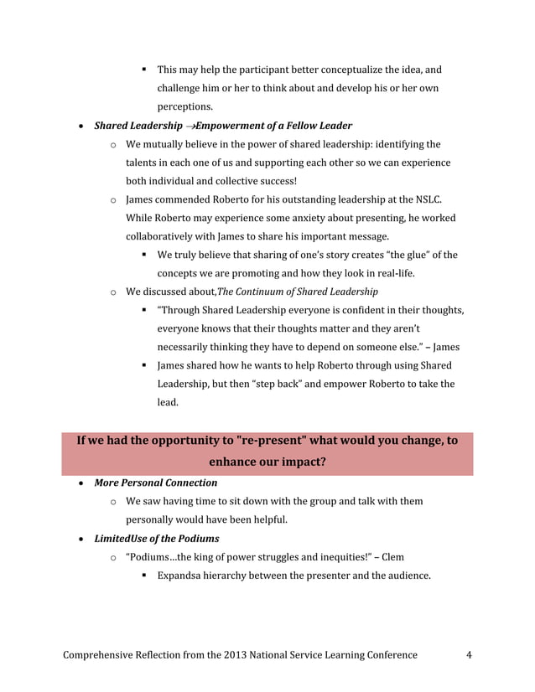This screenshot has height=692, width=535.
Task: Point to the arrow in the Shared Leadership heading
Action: pos(190,126)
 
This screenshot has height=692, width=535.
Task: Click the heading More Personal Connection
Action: pos(155,483)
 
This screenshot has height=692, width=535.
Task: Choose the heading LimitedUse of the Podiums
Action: pos(157,538)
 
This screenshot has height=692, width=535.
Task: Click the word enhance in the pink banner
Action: pos(236,462)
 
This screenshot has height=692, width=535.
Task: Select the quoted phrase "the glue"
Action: pos(415,255)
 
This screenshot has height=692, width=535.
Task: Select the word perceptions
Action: pos(184,107)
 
